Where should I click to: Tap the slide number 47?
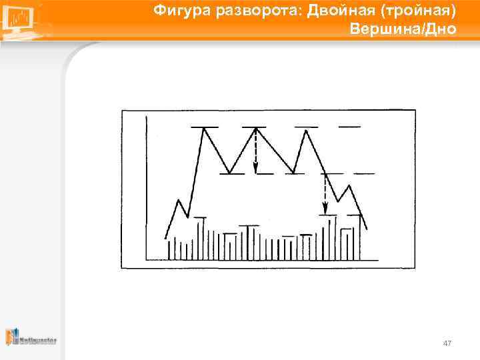click(x=447, y=343)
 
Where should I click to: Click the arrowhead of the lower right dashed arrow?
click(x=325, y=211)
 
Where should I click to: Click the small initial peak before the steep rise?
click(x=178, y=199)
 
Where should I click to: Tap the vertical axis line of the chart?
click(x=146, y=187)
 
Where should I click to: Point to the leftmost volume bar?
click(x=169, y=250)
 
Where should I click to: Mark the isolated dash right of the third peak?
click(x=349, y=126)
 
